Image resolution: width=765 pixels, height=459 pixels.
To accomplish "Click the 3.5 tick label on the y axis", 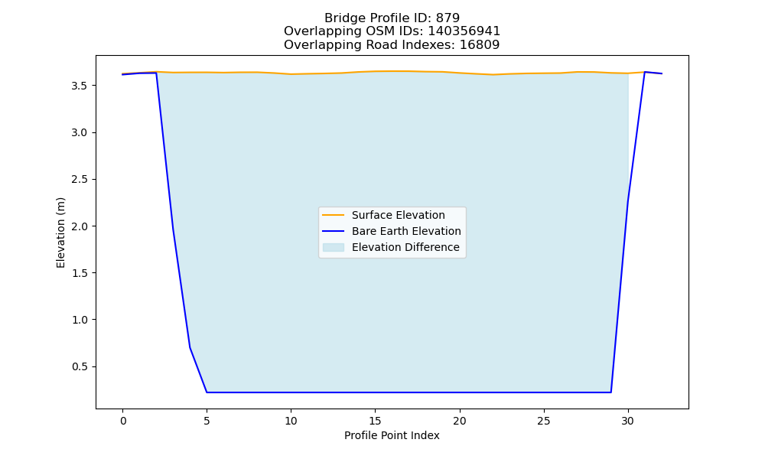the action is pos(80,86).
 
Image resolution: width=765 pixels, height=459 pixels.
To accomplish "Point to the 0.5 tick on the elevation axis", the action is pos(80,366).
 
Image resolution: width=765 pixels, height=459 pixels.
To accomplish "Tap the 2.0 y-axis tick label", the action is pos(80,226).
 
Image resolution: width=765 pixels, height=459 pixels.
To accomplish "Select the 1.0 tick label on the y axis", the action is pos(80,320).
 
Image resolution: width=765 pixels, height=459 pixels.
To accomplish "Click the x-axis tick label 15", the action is pos(375,421).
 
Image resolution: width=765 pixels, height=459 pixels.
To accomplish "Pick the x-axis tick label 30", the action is pos(628,421).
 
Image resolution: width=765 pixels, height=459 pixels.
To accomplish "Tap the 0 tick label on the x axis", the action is pos(123,421).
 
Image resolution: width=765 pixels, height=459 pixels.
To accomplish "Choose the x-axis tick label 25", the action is pos(543,421).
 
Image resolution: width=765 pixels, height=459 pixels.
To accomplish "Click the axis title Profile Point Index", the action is pos(392,435).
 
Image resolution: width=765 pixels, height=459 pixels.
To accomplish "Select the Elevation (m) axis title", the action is pos(60,233).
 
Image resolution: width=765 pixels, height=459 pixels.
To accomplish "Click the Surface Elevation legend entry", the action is pos(398,215).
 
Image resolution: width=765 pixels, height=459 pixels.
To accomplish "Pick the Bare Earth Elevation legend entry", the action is pos(406,231).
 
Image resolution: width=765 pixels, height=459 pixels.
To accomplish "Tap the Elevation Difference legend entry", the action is pos(405,247).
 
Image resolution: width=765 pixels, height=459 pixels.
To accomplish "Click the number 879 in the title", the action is pos(448,18).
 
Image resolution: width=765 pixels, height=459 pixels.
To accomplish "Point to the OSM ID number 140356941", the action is pos(464,31).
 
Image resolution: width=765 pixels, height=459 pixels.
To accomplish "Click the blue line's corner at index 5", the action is pos(207,392).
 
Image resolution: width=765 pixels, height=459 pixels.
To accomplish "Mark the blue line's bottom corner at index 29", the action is pos(610,392).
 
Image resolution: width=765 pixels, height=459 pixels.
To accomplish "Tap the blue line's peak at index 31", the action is pos(645,72).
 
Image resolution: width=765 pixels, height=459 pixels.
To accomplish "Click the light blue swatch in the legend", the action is pos(334,247).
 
